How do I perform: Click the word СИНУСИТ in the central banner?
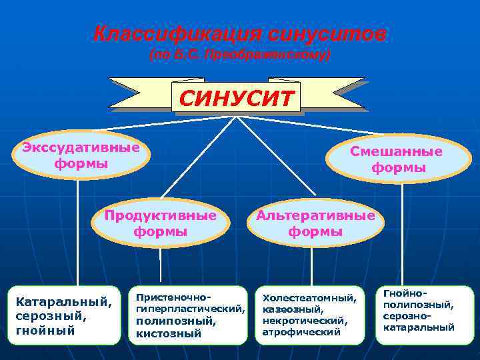point(236,99)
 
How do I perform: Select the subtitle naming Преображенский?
point(240,55)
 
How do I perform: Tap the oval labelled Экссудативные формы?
point(81,155)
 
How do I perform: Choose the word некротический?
point(304,320)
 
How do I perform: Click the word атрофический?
point(301,331)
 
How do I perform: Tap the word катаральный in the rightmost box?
point(419,327)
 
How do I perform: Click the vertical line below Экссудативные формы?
point(78,233)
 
